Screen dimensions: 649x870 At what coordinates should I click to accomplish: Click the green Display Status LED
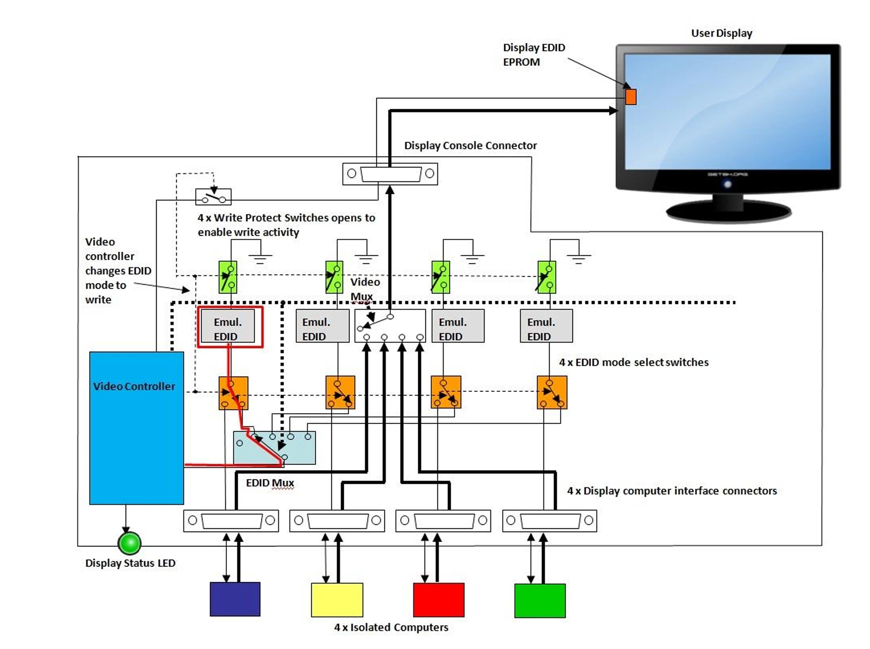click(x=129, y=543)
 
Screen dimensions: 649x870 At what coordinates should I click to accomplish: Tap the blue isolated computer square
click(x=235, y=599)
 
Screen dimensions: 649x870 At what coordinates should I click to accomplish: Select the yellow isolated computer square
click(x=337, y=600)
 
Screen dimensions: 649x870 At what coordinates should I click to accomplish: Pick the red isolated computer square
click(x=438, y=600)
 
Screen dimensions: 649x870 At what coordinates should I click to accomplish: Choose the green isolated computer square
click(x=540, y=600)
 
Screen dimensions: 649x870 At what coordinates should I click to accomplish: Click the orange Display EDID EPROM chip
click(x=631, y=97)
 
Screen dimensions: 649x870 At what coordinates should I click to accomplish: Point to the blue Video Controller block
click(x=137, y=428)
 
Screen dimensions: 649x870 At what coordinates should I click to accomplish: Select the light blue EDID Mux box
click(x=274, y=448)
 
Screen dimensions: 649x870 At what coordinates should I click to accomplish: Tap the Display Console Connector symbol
click(x=390, y=174)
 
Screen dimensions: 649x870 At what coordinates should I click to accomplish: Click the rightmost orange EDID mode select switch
click(x=552, y=392)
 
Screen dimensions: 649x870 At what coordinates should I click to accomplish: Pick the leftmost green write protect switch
click(x=228, y=277)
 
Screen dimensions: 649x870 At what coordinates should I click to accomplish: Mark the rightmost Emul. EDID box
click(x=546, y=326)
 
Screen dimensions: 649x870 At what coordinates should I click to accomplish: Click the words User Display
click(x=721, y=33)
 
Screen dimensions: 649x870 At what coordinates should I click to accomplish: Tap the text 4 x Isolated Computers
click(x=391, y=627)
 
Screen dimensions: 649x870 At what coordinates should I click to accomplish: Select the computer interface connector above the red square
click(x=443, y=520)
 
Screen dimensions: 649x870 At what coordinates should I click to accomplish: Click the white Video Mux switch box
click(x=390, y=325)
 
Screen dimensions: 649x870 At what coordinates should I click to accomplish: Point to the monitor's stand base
click(x=729, y=210)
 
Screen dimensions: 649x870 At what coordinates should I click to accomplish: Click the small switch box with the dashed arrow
click(x=213, y=197)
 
